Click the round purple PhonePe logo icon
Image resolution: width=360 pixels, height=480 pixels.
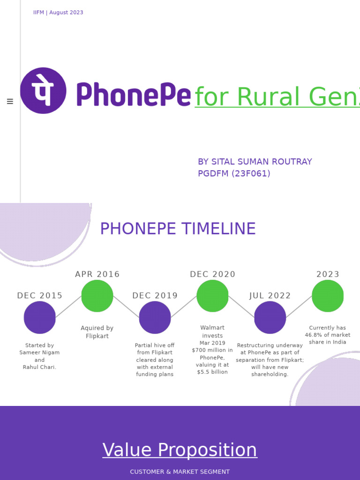coord(43,90)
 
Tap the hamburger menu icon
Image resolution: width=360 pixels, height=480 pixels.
coord(10,101)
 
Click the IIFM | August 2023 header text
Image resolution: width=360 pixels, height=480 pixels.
coord(58,13)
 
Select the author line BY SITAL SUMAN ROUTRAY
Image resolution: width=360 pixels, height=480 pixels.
coord(255,162)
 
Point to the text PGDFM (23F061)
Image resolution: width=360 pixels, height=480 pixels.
coord(234,173)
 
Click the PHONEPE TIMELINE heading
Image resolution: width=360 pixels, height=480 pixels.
coord(178,229)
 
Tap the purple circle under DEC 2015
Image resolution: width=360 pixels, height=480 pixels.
coord(40,317)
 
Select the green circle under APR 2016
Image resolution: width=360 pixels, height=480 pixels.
coord(97,296)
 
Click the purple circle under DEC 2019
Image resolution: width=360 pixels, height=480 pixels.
coord(155,317)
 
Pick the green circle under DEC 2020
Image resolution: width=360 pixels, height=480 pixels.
coord(212,296)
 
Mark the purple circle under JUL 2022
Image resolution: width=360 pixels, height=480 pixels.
coord(270,317)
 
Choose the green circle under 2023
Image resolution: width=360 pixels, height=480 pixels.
coord(328,296)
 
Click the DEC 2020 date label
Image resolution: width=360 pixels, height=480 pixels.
coord(212,274)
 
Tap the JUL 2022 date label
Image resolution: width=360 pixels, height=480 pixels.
coord(270,296)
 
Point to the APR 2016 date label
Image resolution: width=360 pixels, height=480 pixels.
coord(97,274)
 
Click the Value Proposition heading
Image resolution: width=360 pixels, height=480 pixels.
coord(180,450)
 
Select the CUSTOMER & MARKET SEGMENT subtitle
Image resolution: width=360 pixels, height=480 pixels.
coord(180,472)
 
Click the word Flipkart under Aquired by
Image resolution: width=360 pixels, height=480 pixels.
coord(97,336)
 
